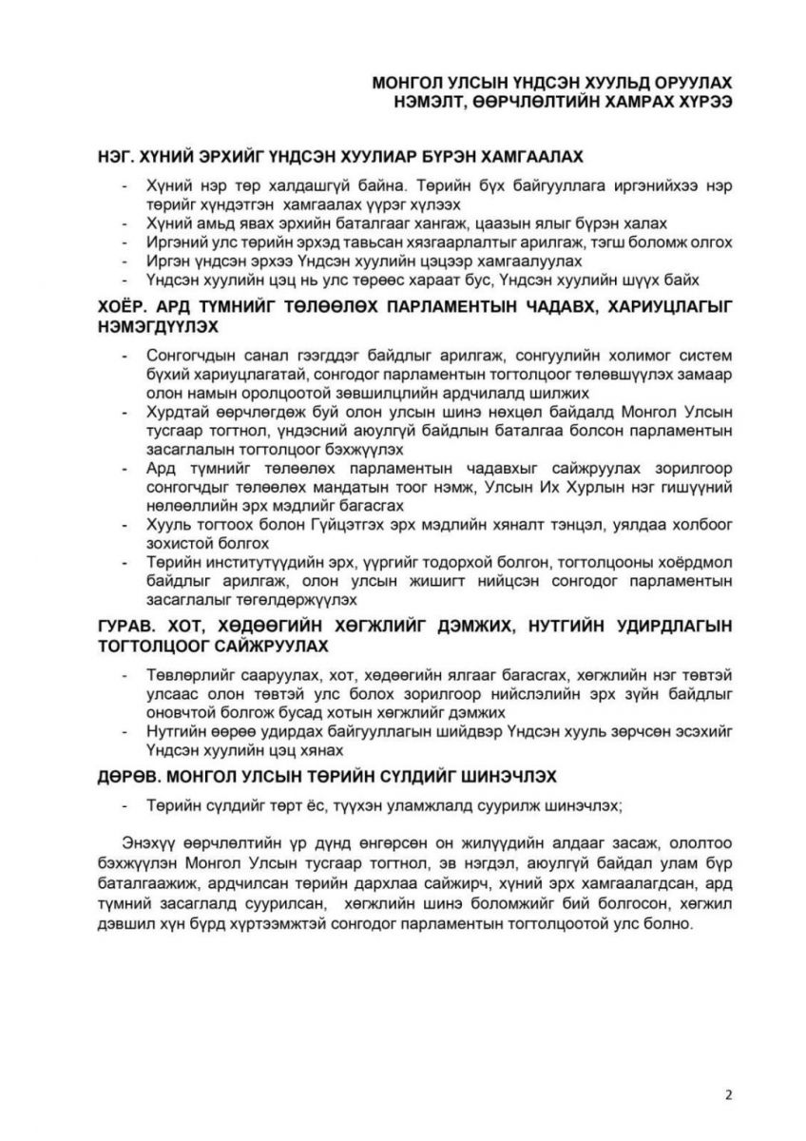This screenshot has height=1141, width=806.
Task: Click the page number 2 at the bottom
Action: tap(728, 1093)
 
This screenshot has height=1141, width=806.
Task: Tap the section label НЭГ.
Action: tap(116, 155)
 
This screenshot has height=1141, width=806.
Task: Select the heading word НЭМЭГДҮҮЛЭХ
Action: tap(157, 326)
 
